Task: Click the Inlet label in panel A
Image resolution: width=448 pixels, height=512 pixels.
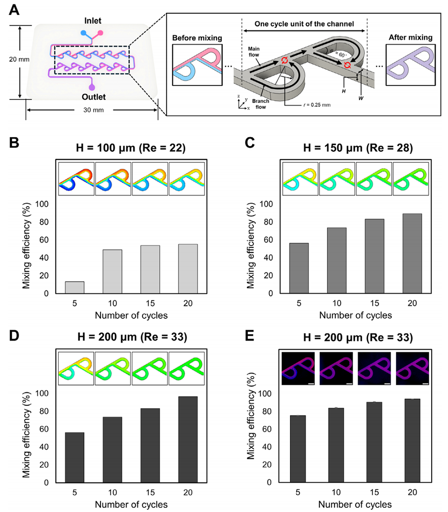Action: tap(92, 21)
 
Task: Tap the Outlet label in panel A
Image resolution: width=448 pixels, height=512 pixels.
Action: tap(92, 97)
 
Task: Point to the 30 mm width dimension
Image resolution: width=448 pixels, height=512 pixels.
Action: tap(92, 110)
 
